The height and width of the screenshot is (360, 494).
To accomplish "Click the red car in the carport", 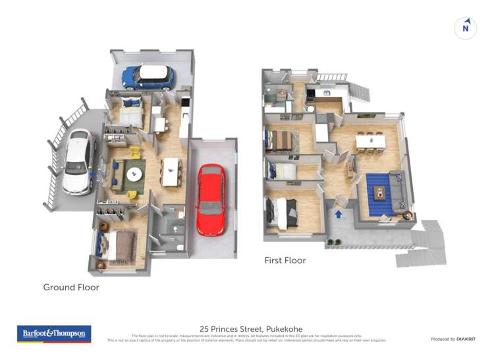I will coord(211,199).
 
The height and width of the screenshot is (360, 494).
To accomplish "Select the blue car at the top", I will coord(148,77).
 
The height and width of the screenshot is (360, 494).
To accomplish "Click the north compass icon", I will coord(466,28).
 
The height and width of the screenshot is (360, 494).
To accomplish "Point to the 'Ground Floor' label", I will coord(71,287).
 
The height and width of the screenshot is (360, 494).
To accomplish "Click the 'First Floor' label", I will coord(285,261).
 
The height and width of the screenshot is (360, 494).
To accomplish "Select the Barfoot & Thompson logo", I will coord(53,334).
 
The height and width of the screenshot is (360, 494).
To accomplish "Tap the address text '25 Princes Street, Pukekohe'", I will coord(246,328).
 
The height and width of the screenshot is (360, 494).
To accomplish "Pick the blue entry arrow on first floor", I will coord(339,213).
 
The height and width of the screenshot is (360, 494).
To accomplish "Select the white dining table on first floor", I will coord(370,141).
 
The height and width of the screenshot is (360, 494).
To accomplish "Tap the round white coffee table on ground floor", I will coord(135,174).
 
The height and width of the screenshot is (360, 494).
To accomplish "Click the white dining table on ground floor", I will coord(171,171).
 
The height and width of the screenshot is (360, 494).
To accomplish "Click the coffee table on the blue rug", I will coord(379,192).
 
